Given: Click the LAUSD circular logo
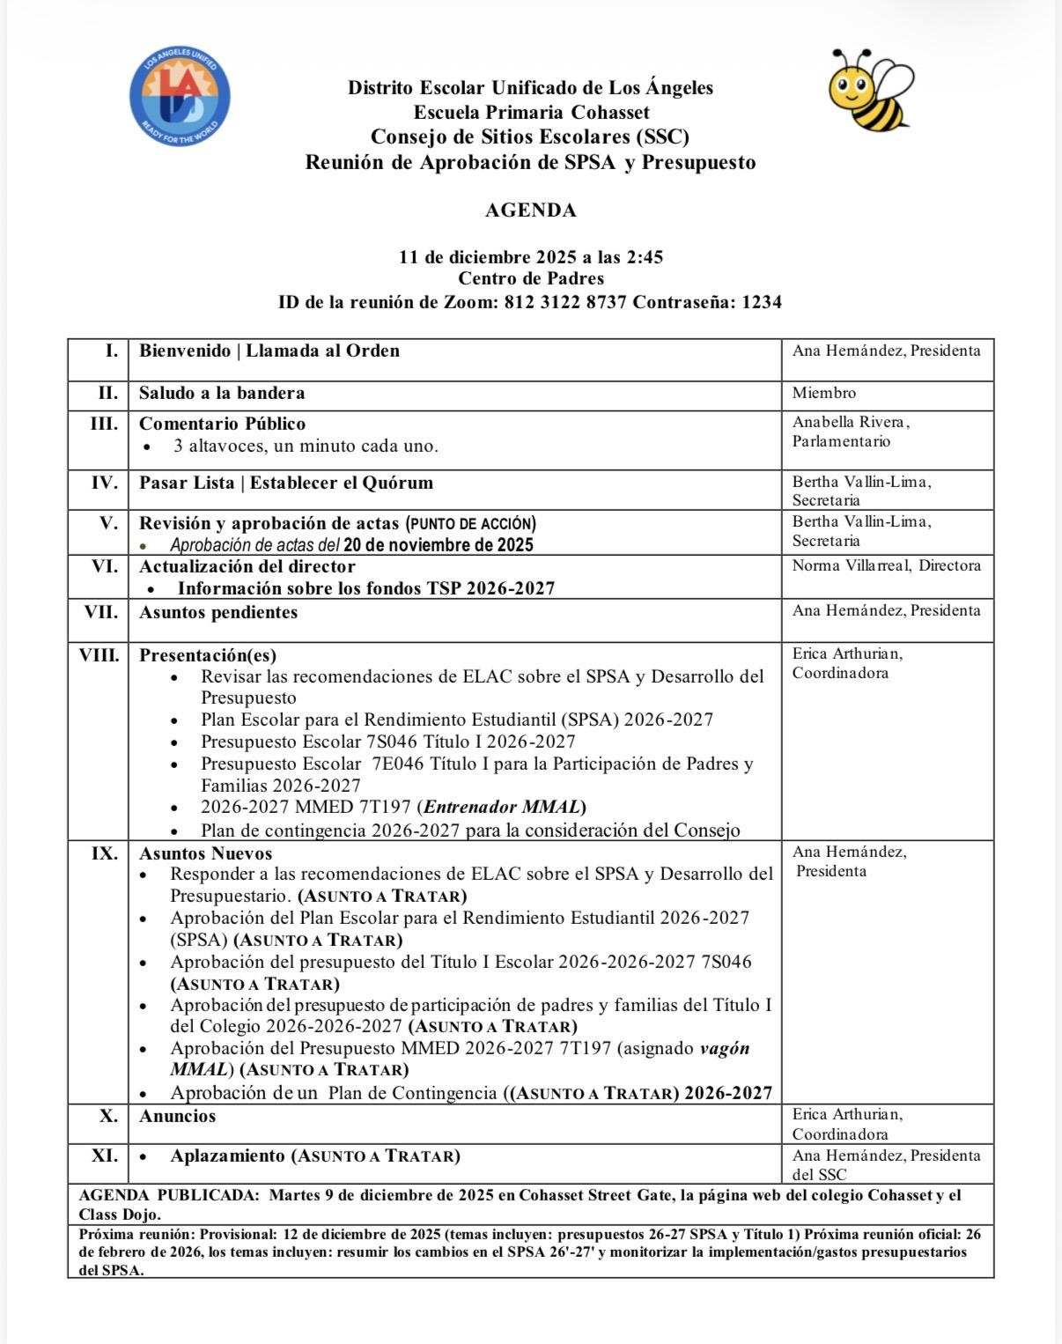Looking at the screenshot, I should (x=180, y=97).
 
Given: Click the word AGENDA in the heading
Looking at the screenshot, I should (x=530, y=210).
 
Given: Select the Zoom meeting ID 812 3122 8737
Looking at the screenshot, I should (x=564, y=302).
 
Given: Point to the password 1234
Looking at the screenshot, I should (x=762, y=302).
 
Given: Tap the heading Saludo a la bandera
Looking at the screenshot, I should (x=222, y=393).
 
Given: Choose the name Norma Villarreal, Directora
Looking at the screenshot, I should (x=886, y=565).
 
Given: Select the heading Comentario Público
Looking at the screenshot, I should (x=222, y=424).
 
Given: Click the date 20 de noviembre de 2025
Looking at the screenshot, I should (x=438, y=545).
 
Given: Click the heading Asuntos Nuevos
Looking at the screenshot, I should (x=205, y=853).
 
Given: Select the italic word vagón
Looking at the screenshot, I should (x=724, y=1048).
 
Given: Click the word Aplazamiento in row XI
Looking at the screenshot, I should (x=227, y=1156).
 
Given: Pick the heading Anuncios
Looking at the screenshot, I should (x=177, y=1116).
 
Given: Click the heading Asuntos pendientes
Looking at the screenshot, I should (x=218, y=612).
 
